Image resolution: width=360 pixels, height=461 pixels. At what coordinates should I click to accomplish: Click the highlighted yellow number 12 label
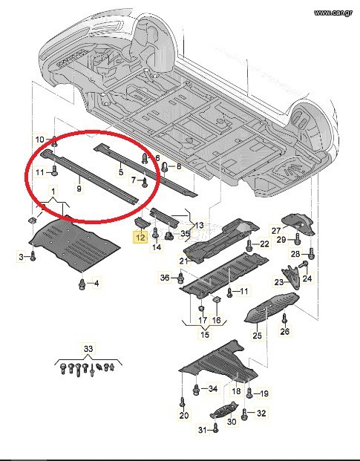click(140, 237)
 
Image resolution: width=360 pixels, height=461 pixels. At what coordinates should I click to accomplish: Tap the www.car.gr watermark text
click(333, 13)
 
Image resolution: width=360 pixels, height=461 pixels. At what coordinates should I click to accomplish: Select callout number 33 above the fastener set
click(88, 349)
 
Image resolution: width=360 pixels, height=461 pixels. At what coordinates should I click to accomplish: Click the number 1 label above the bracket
click(53, 192)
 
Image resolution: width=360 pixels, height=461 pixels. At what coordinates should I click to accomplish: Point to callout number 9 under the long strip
click(79, 188)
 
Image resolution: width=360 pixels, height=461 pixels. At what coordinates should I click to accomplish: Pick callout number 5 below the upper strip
click(121, 171)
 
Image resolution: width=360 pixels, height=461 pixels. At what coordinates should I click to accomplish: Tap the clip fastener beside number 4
click(82, 284)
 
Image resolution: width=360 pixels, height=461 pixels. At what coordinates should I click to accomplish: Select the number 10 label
click(39, 140)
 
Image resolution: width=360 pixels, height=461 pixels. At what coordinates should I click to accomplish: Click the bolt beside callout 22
click(249, 245)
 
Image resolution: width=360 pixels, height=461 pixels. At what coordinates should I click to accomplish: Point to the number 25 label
click(257, 335)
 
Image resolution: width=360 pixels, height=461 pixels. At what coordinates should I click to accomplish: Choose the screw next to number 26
click(284, 318)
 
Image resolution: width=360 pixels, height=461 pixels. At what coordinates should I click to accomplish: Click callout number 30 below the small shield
click(232, 422)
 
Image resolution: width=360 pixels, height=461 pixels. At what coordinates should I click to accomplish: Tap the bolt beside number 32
click(244, 414)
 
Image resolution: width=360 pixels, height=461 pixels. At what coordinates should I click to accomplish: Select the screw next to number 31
click(215, 428)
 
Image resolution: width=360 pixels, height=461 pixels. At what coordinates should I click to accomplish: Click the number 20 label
click(183, 416)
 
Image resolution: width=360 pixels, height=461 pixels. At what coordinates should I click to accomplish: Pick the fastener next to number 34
click(196, 390)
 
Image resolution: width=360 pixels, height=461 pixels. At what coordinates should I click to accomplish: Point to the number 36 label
click(166, 277)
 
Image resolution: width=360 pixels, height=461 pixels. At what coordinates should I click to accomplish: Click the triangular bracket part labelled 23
click(292, 277)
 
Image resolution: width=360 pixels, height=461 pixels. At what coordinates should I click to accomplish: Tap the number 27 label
click(276, 231)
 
